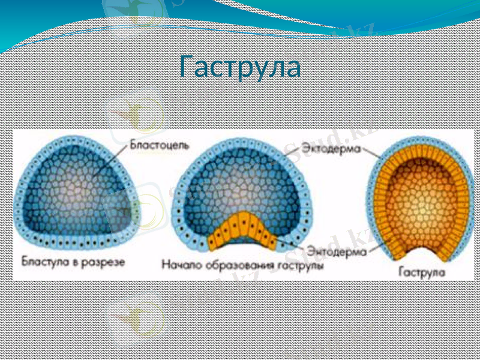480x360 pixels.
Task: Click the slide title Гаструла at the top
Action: (x=240, y=67)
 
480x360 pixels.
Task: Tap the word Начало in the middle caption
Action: (x=179, y=265)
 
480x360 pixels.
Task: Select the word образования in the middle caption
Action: (x=233, y=265)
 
